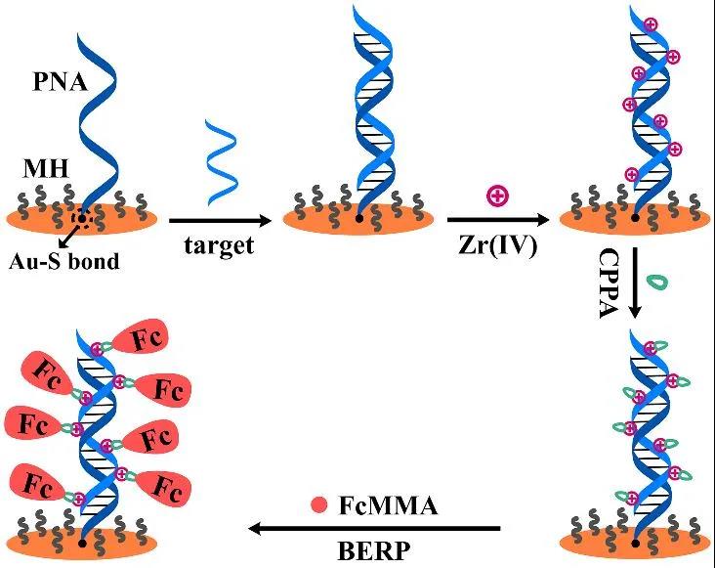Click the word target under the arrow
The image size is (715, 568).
click(219, 244)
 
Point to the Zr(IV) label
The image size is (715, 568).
click(497, 244)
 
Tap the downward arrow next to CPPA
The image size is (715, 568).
click(636, 284)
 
